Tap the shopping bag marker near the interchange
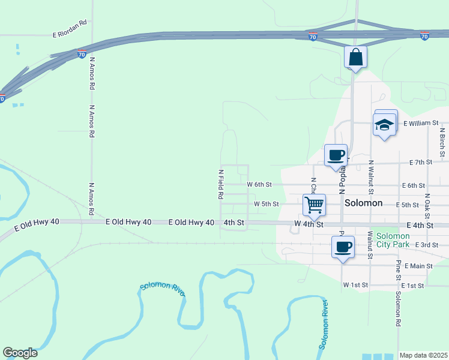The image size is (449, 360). tap(355, 58)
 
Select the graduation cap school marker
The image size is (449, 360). tap(384, 124)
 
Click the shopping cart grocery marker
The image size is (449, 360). tap(315, 205)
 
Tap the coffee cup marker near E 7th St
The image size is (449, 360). tap(336, 155)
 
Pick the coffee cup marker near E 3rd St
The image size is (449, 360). tap(343, 247)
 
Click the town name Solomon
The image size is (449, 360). tap(364, 203)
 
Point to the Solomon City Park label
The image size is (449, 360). tap(393, 239)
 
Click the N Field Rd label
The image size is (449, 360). tap(220, 184)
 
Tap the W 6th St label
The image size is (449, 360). tap(259, 184)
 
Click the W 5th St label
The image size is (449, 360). tap(267, 204)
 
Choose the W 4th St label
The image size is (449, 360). tap(309, 224)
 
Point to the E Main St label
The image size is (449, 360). tap(418, 265)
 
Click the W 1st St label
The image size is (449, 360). tap(354, 284)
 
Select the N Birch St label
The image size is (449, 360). tap(442, 142)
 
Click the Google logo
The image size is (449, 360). tap(20, 353)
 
